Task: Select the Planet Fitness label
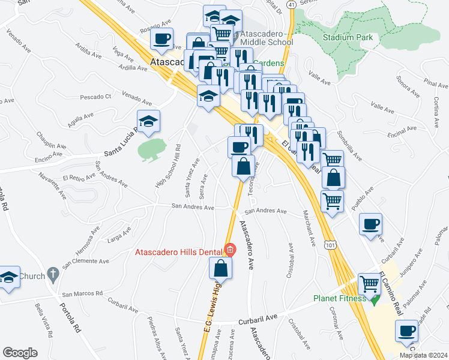[x=339, y=298]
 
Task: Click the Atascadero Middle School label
[x=267, y=42]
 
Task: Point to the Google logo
[x=20, y=352]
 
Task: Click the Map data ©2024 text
[x=423, y=355]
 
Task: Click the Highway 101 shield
[x=330, y=245]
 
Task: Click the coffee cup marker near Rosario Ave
[x=161, y=40]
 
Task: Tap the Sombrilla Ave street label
[x=349, y=145]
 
